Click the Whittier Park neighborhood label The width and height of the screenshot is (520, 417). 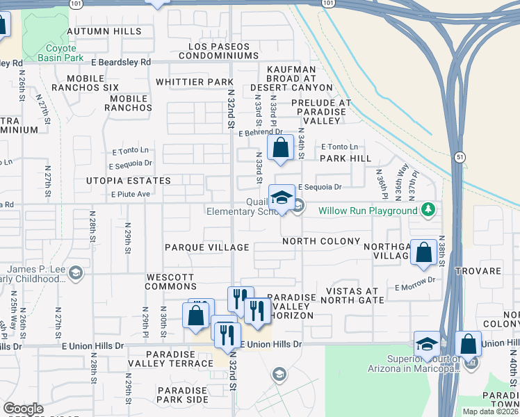click(x=194, y=82)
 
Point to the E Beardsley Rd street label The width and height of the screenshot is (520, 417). click(x=120, y=62)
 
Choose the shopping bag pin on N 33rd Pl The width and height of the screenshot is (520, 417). click(x=280, y=148)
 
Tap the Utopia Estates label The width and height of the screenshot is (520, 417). click(x=128, y=181)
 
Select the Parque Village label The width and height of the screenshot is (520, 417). click(x=206, y=247)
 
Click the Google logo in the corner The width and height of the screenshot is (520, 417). click(x=23, y=409)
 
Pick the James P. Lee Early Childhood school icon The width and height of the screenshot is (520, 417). click(x=76, y=273)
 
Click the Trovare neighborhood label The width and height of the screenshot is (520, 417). click(x=478, y=270)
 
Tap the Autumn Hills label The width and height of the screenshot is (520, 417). click(x=104, y=31)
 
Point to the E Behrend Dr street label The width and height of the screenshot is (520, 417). click(x=260, y=132)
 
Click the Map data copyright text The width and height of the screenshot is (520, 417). click(x=488, y=411)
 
